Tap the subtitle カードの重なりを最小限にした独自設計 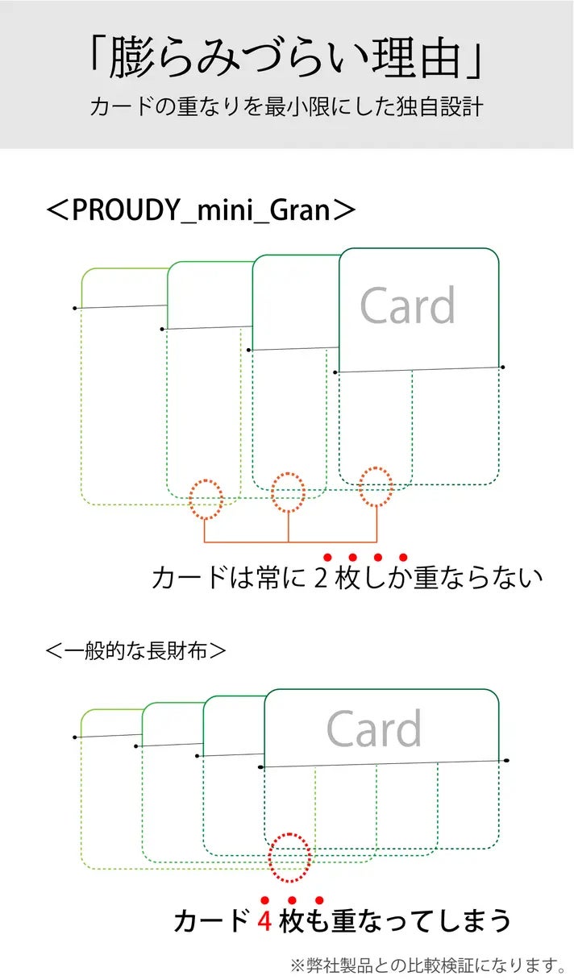(x=286, y=106)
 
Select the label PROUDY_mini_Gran (x=201, y=210)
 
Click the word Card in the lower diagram (x=374, y=729)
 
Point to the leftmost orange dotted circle (x=206, y=499)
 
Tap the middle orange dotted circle (x=288, y=492)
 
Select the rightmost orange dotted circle (x=376, y=487)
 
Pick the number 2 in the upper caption (x=321, y=578)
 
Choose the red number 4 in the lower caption (x=264, y=920)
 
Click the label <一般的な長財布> (x=135, y=650)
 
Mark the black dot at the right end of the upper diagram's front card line (x=503, y=367)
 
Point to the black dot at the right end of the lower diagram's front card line (x=506, y=761)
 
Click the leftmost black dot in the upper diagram (x=75, y=309)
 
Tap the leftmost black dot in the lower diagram (x=75, y=737)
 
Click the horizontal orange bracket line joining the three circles (x=290, y=542)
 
